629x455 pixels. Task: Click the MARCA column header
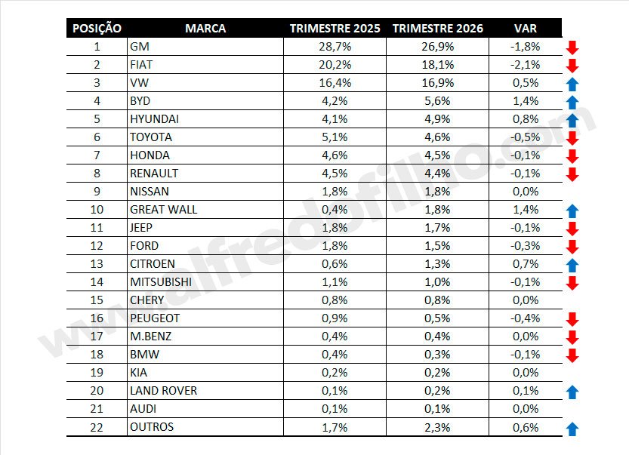205,29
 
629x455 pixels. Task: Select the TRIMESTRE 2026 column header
438,29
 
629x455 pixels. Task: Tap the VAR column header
526,29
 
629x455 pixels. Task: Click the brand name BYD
141,101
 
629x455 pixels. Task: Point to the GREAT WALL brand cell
163,210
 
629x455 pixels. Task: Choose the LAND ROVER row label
163,391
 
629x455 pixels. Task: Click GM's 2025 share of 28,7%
334,47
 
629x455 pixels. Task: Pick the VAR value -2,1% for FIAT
525,65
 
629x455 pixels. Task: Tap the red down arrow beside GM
572,48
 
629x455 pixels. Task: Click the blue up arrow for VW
572,85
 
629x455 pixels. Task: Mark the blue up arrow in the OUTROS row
572,429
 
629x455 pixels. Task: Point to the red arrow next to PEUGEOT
572,319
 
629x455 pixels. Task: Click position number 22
97,427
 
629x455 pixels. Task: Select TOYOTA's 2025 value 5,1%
334,137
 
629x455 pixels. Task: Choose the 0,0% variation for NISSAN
525,192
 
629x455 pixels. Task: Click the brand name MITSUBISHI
161,282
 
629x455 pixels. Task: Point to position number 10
97,210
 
